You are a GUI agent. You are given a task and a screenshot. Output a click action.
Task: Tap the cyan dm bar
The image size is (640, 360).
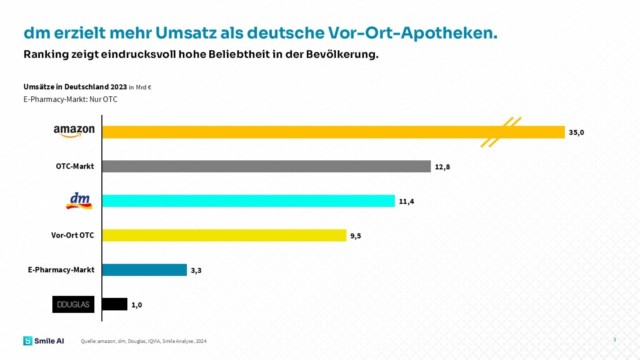click(248, 201)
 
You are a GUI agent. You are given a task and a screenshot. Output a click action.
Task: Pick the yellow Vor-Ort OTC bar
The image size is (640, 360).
click(224, 235)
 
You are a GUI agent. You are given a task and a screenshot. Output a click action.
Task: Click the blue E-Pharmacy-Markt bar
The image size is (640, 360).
click(144, 270)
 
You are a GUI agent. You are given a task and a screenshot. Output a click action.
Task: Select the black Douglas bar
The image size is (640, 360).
click(114, 304)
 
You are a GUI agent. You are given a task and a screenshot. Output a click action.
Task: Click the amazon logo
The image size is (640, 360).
click(74, 131)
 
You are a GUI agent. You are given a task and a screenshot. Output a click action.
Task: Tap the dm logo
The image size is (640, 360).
click(79, 201)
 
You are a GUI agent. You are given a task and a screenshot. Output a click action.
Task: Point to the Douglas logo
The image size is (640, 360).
click(73, 304)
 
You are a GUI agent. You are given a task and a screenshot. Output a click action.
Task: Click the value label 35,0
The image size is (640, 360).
click(576, 132)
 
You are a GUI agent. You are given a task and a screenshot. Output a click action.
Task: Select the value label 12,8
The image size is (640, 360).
click(442, 167)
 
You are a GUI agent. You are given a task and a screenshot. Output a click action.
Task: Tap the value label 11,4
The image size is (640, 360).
click(406, 201)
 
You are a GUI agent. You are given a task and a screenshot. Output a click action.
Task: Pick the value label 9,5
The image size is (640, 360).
click(355, 236)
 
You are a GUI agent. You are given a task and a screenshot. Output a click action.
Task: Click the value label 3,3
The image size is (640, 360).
click(196, 270)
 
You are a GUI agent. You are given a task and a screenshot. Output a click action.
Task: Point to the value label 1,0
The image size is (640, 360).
click(137, 305)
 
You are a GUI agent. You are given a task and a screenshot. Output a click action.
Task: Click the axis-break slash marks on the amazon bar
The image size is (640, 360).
click(500, 132)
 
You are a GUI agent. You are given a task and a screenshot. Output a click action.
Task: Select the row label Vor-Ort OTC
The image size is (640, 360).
click(73, 235)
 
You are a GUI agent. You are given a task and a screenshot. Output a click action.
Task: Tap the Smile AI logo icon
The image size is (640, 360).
click(28, 341)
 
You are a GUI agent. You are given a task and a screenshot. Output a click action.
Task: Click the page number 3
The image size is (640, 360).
click(615, 340)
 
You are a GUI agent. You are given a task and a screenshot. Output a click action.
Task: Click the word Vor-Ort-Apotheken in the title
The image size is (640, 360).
click(413, 33)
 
